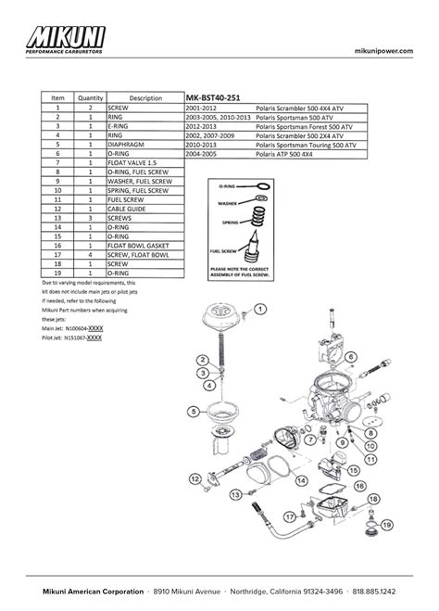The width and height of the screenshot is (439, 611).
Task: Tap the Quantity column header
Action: (91, 97)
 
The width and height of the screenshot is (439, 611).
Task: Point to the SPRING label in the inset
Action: (226, 223)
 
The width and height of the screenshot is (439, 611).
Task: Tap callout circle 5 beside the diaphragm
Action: (193, 409)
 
